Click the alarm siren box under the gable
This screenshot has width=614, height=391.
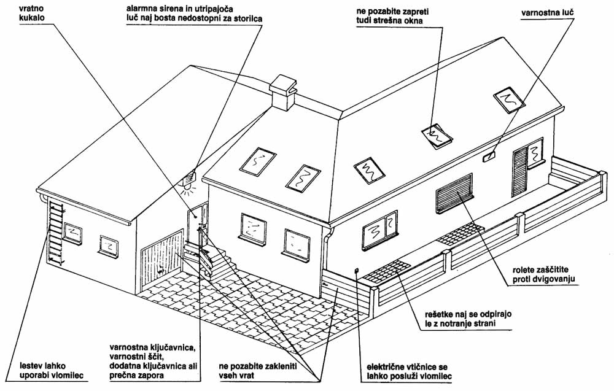[x=190, y=178]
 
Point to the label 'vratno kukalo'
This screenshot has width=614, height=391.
[x=32, y=12]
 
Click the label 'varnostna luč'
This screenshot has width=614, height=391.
[x=548, y=13]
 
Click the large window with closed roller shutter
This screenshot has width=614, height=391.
[x=454, y=193]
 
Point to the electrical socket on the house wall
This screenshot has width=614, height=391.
[x=357, y=270]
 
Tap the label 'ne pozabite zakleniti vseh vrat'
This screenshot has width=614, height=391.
[x=258, y=371]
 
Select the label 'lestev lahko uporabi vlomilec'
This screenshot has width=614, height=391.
[x=52, y=371]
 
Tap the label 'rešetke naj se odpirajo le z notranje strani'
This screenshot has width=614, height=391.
[x=468, y=319]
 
